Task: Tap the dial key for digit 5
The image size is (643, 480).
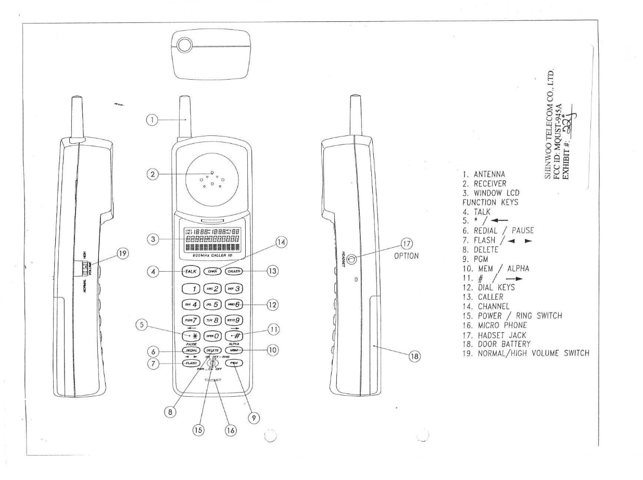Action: (x=213, y=302)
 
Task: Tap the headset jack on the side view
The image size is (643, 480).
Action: (x=352, y=258)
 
